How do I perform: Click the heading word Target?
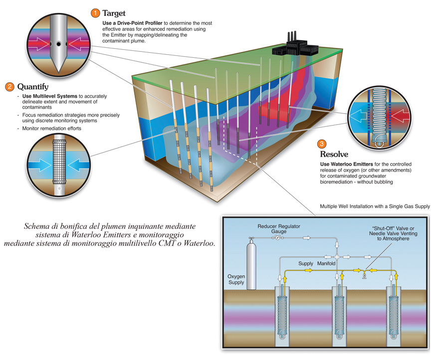pyautogui.click(x=114, y=13)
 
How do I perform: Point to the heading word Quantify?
pyautogui.click(x=33, y=87)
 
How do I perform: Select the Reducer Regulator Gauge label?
pyautogui.click(x=279, y=229)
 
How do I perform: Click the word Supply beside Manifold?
pyautogui.click(x=306, y=263)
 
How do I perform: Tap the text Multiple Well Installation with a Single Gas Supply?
pyautogui.click(x=375, y=206)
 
